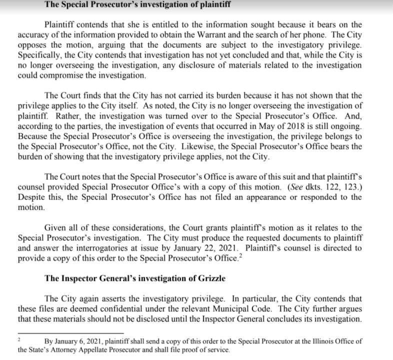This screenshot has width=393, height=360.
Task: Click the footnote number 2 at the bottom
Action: coord(18,339)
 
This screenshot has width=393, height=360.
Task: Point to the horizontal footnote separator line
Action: coord(70,332)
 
